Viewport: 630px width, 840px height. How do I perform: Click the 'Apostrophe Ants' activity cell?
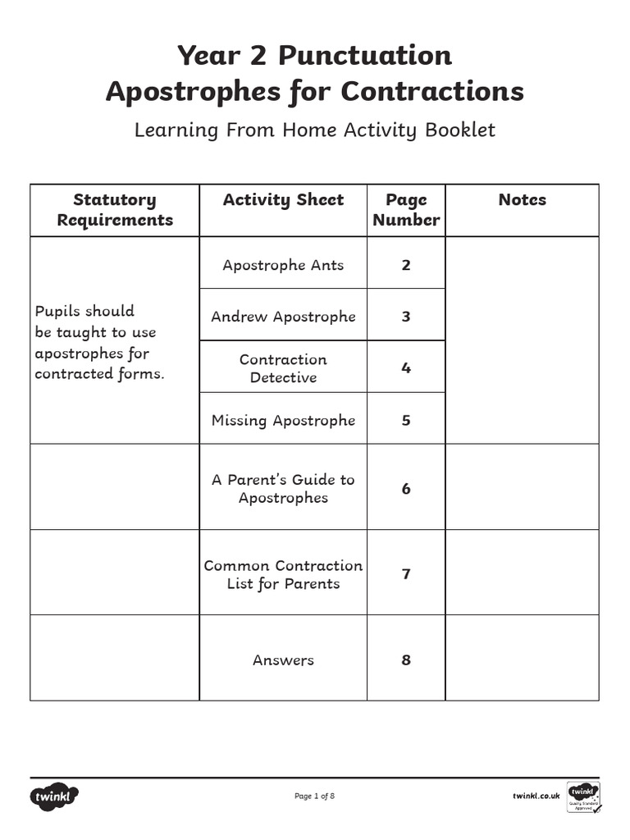point(283,265)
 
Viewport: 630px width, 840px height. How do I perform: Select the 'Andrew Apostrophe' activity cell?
point(283,317)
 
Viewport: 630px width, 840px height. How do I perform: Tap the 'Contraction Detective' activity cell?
point(283,368)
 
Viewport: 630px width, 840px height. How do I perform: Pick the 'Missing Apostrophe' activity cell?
point(283,420)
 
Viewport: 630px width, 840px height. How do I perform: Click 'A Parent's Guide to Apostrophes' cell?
point(283,488)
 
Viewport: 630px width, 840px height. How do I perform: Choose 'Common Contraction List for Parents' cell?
point(283,574)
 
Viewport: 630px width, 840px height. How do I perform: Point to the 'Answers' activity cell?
point(283,660)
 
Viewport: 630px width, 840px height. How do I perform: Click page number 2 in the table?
point(406,265)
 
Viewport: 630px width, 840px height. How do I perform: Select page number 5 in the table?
point(406,420)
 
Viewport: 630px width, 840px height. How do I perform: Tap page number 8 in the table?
point(406,660)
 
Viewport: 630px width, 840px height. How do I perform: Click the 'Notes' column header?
point(522,200)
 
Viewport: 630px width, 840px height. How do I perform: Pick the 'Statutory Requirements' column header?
point(115,210)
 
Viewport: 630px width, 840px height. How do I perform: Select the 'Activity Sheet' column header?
point(283,200)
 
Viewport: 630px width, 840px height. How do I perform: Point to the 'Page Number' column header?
point(406,210)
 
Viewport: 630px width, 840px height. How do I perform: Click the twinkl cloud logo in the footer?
point(55,796)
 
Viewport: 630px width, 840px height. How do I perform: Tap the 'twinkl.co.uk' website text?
point(536,796)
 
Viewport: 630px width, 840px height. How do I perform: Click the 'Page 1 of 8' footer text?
point(314,796)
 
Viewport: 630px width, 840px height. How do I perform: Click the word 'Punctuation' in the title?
point(364,56)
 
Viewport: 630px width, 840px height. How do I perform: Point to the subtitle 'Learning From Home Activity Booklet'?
point(315,130)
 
